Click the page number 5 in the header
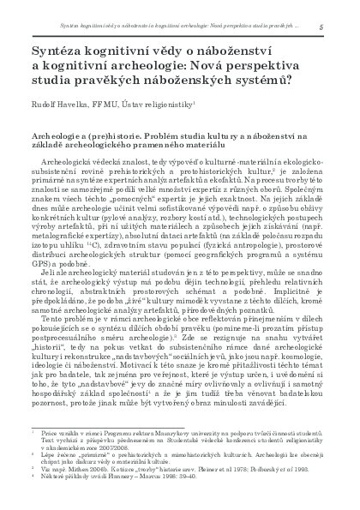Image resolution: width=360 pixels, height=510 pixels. pyautogui.click(x=320, y=26)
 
